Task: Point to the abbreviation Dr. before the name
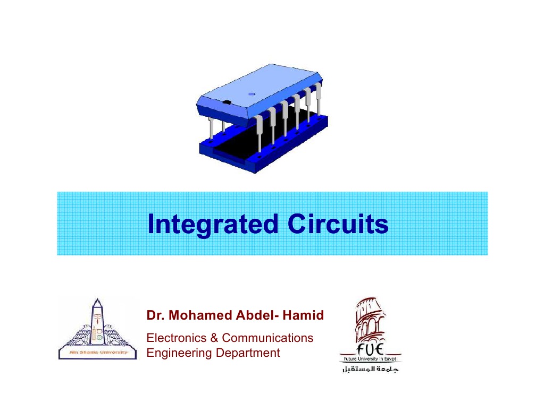154,316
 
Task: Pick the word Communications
267,338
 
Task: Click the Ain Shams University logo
97,329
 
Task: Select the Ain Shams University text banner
97,353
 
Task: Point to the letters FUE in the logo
371,350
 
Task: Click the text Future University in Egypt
371,359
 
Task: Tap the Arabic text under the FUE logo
371,369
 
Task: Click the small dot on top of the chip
252,94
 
